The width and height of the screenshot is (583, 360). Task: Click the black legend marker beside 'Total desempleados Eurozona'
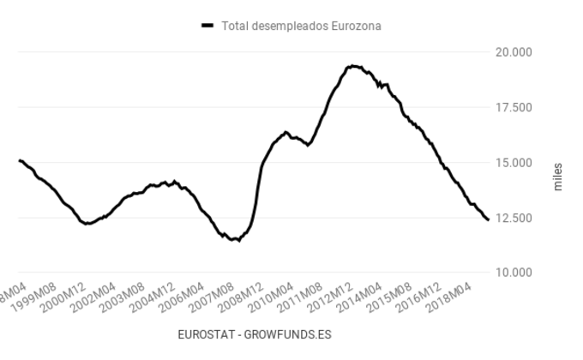click(x=207, y=26)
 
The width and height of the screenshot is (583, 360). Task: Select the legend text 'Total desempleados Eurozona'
click(x=301, y=26)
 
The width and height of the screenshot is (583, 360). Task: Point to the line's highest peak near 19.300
click(x=352, y=66)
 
